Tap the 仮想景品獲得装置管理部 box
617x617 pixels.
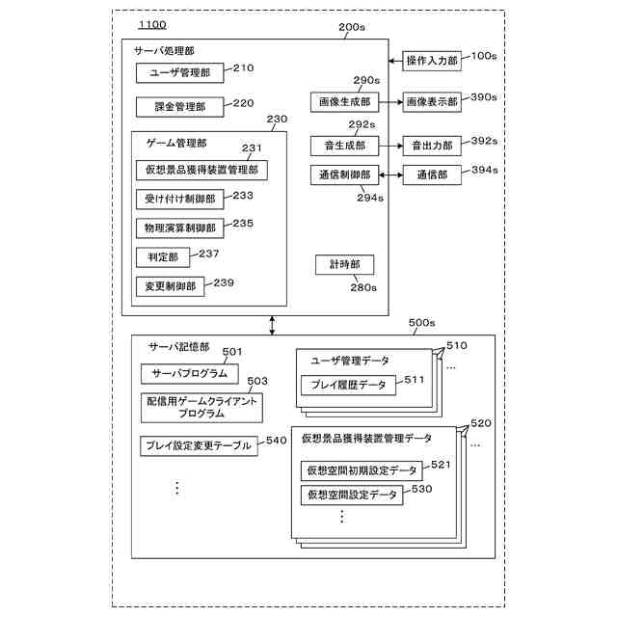(201, 170)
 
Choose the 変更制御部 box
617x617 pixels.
(170, 286)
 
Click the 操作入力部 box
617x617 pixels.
(431, 60)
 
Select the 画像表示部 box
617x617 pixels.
(432, 100)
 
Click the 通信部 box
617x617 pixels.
(432, 174)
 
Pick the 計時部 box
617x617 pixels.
(344, 265)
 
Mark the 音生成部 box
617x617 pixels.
(339, 145)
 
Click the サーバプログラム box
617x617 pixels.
(184, 373)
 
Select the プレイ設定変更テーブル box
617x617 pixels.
(199, 445)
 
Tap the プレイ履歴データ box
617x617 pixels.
(348, 385)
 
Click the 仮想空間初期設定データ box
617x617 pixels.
(362, 470)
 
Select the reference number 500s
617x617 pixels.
(421, 323)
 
